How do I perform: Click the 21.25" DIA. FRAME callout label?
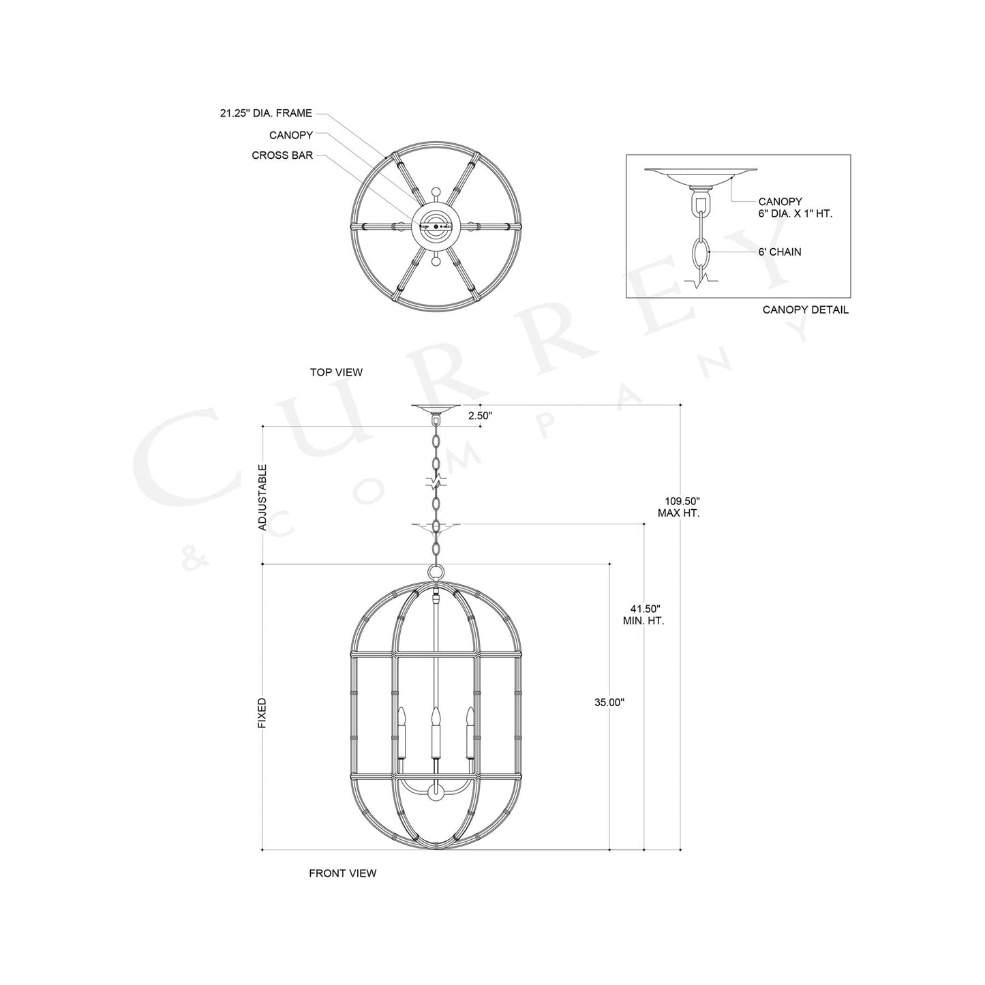pyautogui.click(x=265, y=114)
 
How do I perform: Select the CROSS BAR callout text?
pyautogui.click(x=282, y=155)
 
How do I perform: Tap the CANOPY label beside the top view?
pyautogui.click(x=290, y=136)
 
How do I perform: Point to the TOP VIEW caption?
pyautogui.click(x=336, y=372)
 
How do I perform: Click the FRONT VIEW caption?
pyautogui.click(x=342, y=873)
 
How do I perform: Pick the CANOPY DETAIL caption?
pyautogui.click(x=805, y=310)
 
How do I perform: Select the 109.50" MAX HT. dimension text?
pyautogui.click(x=678, y=506)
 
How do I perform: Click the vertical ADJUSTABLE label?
pyautogui.click(x=262, y=497)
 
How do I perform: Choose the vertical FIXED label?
pyautogui.click(x=262, y=712)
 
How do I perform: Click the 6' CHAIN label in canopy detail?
pyautogui.click(x=780, y=252)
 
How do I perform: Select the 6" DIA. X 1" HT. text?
pyautogui.click(x=795, y=214)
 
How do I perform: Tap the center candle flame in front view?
pyautogui.click(x=434, y=716)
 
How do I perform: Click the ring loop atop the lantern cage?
pyautogui.click(x=435, y=573)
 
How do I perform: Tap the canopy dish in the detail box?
pyautogui.click(x=700, y=175)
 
